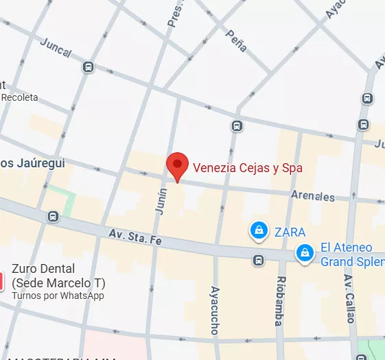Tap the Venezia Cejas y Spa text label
pyautogui.click(x=247, y=167)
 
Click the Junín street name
pyautogui.click(x=162, y=203)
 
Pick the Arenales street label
pyautogui.click(x=313, y=196)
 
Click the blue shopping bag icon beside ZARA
pyautogui.click(x=259, y=230)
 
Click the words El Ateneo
pyautogui.click(x=347, y=248)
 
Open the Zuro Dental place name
pyautogui.click(x=43, y=269)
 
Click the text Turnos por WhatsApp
pyautogui.click(x=58, y=296)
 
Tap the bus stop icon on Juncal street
pyautogui.click(x=88, y=67)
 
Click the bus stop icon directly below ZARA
pyautogui.click(x=258, y=260)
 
